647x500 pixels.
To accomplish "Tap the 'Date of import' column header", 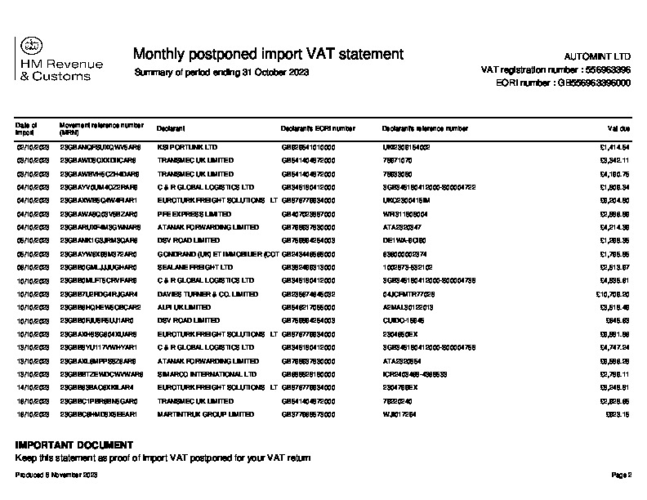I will (x=25, y=128).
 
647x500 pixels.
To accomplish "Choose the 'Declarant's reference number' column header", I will (x=425, y=128).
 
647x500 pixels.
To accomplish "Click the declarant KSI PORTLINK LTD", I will (x=187, y=147).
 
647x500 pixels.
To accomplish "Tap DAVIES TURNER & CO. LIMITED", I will (x=203, y=293).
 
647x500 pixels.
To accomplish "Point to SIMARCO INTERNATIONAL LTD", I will (x=199, y=374).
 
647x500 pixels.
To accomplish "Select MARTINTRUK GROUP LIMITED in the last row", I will (x=205, y=414).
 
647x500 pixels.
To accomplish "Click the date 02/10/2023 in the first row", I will (x=33, y=147).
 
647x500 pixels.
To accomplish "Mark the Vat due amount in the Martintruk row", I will (x=618, y=414).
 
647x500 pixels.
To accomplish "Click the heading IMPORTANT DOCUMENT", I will (x=74, y=445).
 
